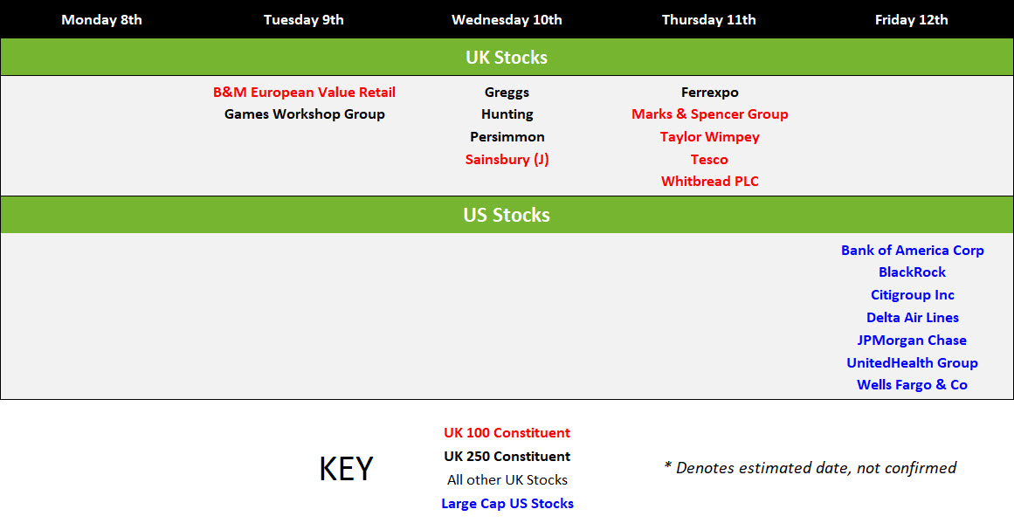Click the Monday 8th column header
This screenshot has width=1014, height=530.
coord(101,20)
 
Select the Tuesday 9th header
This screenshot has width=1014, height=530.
coord(303,20)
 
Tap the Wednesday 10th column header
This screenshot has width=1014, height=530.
coord(507,20)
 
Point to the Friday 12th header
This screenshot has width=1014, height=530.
coord(911,20)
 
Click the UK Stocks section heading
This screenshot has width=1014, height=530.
coord(507,58)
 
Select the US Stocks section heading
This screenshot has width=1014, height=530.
coord(507,216)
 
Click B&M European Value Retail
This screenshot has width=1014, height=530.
coord(304,93)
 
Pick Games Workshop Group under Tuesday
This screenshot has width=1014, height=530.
coord(305,114)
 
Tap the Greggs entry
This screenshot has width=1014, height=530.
coord(507,93)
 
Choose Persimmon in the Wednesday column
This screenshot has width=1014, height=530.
coord(507,137)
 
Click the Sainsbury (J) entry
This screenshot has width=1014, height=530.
coord(507,160)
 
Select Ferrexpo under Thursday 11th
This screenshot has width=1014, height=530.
coord(709,93)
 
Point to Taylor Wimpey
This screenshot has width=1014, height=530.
coord(709,137)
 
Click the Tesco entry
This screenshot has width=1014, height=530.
coord(709,160)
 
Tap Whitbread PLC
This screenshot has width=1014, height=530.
coord(709,182)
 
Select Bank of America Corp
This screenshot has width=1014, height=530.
coord(913,251)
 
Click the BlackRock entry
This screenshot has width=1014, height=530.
coord(912,272)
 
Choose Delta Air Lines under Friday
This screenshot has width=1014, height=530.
coord(913,318)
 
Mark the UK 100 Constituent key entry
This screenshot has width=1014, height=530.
coord(507,433)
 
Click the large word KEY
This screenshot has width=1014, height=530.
coord(346,469)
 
